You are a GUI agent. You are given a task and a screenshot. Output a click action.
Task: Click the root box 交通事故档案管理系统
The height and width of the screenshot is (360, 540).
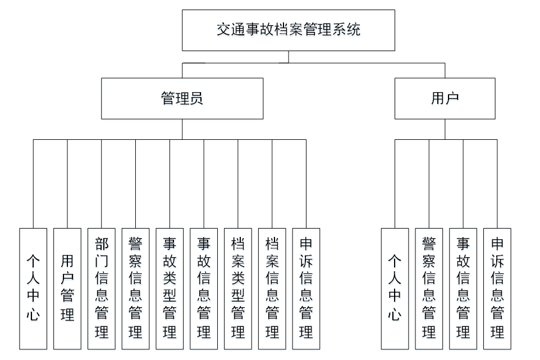click(x=289, y=30)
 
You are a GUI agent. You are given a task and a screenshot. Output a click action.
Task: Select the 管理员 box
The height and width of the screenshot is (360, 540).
click(x=182, y=99)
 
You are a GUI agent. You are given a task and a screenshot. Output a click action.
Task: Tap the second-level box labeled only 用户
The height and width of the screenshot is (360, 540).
click(x=445, y=99)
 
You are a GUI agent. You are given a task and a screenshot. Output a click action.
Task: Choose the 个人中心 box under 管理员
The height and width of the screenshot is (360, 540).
click(x=33, y=288)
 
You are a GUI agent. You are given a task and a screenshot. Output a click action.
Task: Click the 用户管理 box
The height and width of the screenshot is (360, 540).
click(x=67, y=288)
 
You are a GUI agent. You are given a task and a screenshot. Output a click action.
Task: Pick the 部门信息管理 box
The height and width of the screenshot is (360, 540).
click(x=102, y=288)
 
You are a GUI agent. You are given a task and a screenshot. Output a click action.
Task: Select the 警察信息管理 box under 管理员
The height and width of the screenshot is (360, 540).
click(x=136, y=288)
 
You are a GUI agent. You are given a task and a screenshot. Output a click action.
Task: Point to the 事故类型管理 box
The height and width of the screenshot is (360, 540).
click(x=170, y=288)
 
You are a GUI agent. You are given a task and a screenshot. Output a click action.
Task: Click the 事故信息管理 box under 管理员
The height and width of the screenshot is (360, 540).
click(x=204, y=288)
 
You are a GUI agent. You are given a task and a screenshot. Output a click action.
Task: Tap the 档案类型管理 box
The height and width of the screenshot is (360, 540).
click(x=238, y=288)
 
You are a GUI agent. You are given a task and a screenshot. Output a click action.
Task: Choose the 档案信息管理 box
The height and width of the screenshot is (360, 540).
click(x=272, y=288)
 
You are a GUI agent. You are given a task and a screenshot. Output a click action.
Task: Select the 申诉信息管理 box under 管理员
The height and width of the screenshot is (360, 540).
click(x=306, y=288)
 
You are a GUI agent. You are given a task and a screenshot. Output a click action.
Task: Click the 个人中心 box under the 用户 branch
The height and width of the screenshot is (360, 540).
click(x=395, y=288)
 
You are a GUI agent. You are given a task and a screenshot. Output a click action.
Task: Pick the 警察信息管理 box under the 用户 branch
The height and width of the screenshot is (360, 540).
click(x=429, y=288)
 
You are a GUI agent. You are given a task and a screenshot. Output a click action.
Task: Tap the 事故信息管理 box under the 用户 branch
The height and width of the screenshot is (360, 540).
click(x=463, y=288)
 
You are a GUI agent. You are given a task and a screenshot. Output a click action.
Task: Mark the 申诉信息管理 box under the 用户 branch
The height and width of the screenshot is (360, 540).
click(x=497, y=288)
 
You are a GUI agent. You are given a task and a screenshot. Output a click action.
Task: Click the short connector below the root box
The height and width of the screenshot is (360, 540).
click(x=289, y=57)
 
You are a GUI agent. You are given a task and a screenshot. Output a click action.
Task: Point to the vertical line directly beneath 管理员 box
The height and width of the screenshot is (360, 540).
click(x=182, y=129)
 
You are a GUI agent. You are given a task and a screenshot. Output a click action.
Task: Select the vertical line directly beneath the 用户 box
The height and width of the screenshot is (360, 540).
click(x=445, y=129)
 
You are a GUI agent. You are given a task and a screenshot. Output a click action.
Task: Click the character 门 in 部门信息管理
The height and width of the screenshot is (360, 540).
click(x=102, y=261)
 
